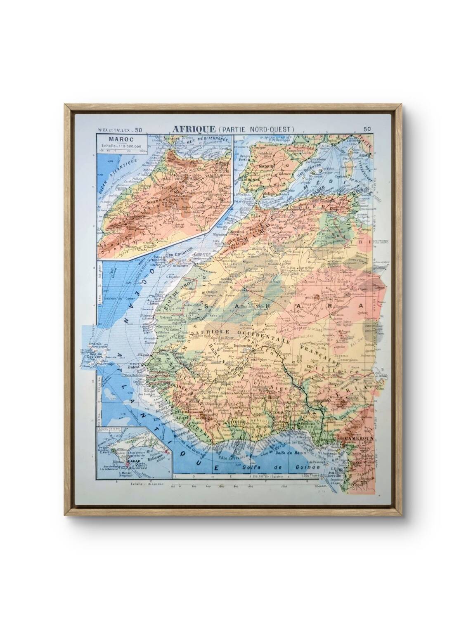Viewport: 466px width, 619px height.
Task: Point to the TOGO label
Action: click(282, 418)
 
